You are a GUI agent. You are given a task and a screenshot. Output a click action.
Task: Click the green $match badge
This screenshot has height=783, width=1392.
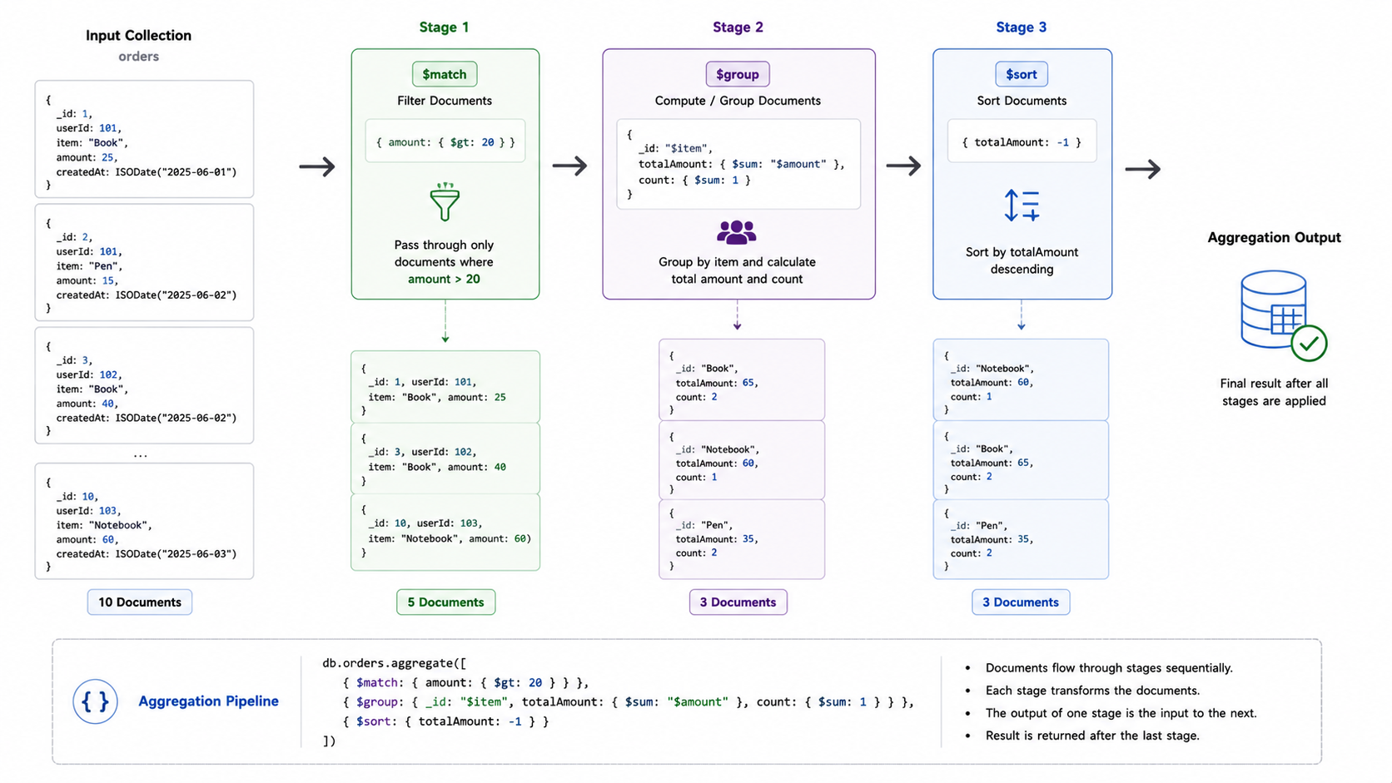pos(445,74)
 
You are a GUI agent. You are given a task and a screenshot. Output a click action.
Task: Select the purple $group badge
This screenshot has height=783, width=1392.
pos(737,74)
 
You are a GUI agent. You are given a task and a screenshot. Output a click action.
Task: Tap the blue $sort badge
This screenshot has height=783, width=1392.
pos(1021,74)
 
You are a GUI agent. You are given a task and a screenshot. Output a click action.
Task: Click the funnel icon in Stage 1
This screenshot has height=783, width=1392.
pos(445,202)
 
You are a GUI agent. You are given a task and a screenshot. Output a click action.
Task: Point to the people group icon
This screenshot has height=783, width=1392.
pos(737,232)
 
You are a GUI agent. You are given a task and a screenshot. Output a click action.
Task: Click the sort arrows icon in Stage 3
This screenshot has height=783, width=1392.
pos(1022,206)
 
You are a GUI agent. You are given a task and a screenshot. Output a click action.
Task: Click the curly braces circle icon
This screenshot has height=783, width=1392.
pos(95,701)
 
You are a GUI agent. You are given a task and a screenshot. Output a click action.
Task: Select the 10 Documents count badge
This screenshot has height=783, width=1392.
pos(140,602)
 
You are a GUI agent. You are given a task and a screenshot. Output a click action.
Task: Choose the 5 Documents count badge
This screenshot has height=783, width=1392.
pos(445,602)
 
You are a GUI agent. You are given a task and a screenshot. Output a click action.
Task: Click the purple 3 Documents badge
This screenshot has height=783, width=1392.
pos(738,602)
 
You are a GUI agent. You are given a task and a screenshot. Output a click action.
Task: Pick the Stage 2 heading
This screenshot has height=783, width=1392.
pos(738,27)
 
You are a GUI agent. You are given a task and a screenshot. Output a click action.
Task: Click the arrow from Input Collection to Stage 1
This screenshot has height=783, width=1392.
pos(317,166)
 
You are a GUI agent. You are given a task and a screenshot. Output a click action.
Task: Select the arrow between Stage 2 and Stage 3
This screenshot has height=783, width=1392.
pos(903,166)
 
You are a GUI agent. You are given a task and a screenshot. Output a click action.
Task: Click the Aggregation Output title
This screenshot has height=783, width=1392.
pos(1274,238)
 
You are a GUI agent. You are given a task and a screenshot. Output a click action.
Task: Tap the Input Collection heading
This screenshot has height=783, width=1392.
pos(138,36)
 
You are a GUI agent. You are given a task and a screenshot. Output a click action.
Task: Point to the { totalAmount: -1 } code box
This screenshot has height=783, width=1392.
pos(1022,141)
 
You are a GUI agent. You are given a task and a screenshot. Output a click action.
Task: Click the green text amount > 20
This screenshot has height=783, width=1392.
pos(444,280)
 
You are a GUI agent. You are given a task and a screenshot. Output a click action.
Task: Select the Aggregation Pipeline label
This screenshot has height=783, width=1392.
pos(208,701)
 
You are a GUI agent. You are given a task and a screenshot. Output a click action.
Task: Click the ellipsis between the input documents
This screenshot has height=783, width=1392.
pos(141,455)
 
